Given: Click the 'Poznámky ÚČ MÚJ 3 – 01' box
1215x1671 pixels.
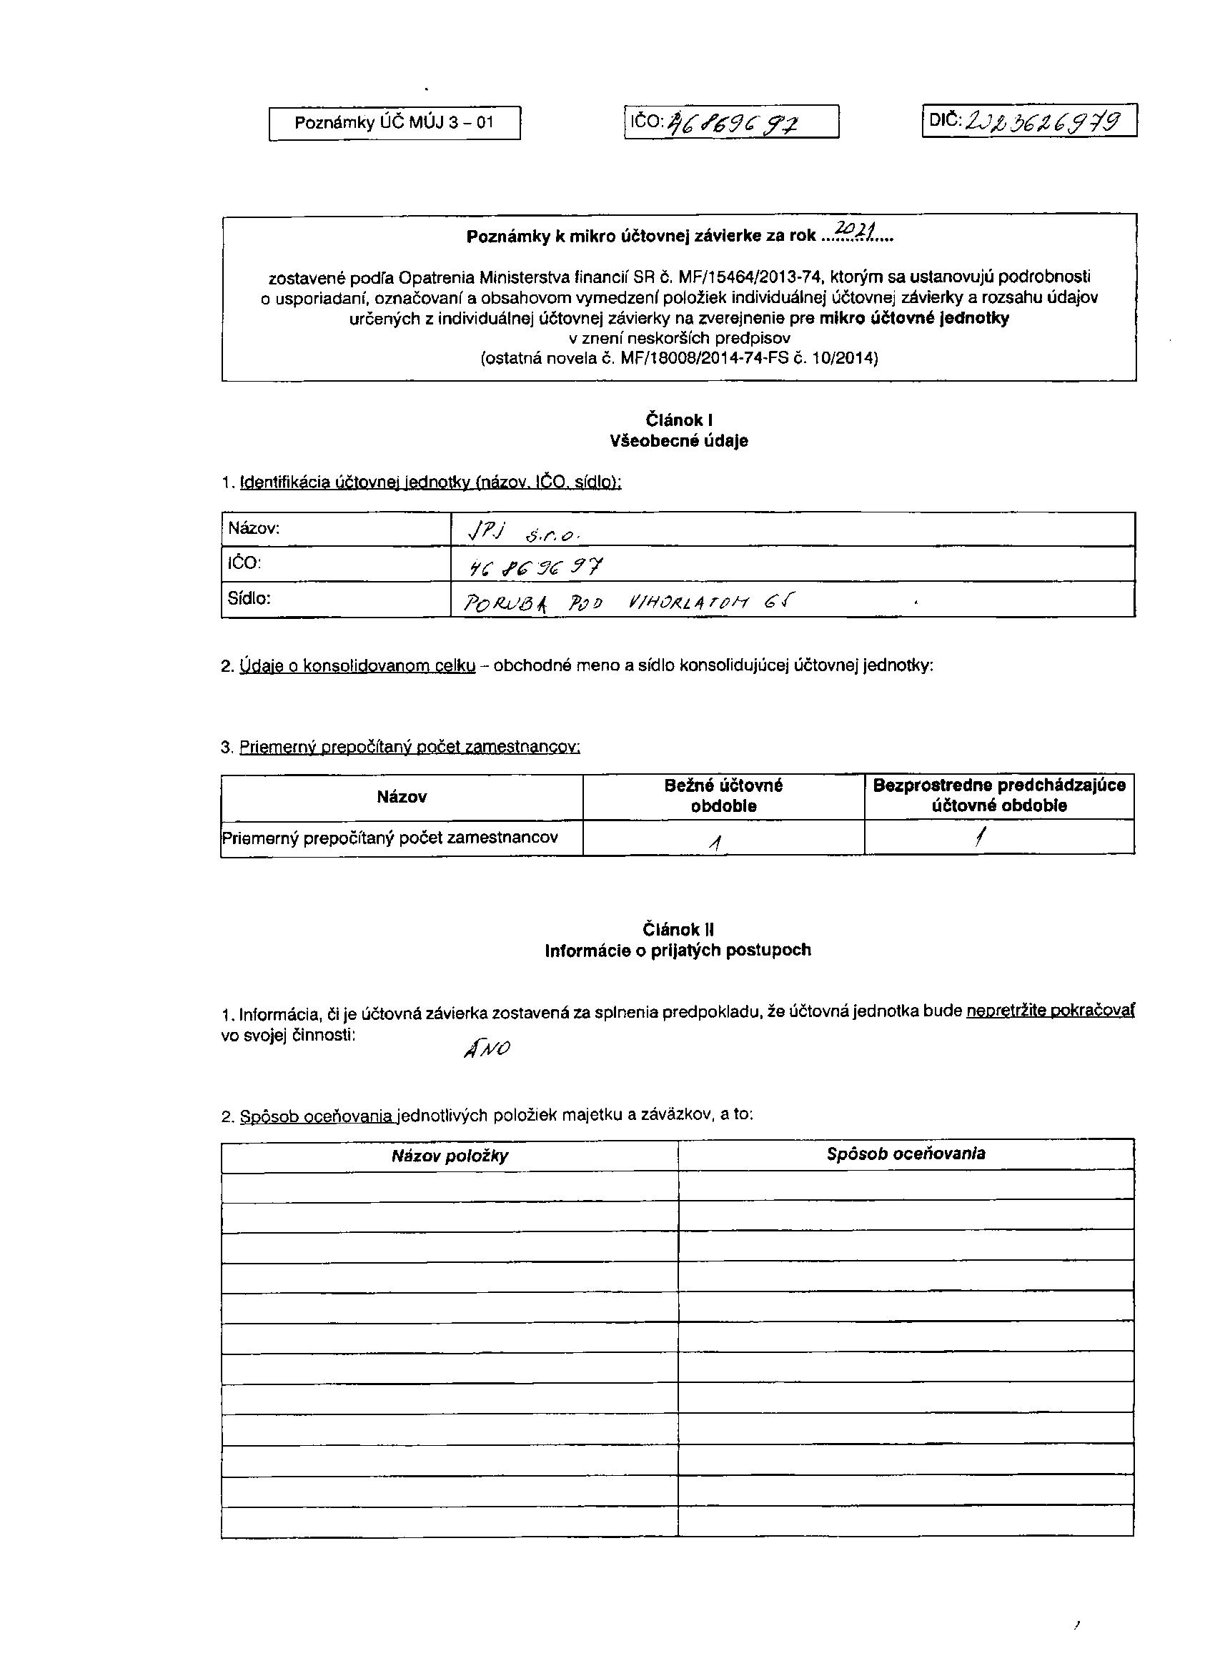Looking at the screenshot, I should (x=395, y=123).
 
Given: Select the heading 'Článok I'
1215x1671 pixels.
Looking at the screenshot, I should (x=678, y=420).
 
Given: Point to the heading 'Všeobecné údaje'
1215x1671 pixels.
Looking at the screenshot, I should (x=678, y=441).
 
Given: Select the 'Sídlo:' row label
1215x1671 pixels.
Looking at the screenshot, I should (x=249, y=598).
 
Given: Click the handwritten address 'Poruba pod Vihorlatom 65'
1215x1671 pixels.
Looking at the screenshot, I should (x=626, y=603).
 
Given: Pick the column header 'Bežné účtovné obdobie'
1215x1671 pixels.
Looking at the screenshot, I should (x=723, y=795).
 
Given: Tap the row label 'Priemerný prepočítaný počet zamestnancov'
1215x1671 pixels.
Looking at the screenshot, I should (x=390, y=838).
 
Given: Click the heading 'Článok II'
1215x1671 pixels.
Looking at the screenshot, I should (x=678, y=930).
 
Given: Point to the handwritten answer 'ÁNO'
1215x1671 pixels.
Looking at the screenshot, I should (x=486, y=1048).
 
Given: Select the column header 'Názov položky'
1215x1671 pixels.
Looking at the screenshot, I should (x=450, y=1156).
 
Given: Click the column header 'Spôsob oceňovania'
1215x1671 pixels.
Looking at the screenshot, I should (x=906, y=1154).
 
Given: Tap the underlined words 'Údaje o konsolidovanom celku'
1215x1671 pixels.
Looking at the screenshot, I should (x=358, y=666).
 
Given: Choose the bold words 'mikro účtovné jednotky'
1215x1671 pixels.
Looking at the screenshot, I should (x=913, y=318).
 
